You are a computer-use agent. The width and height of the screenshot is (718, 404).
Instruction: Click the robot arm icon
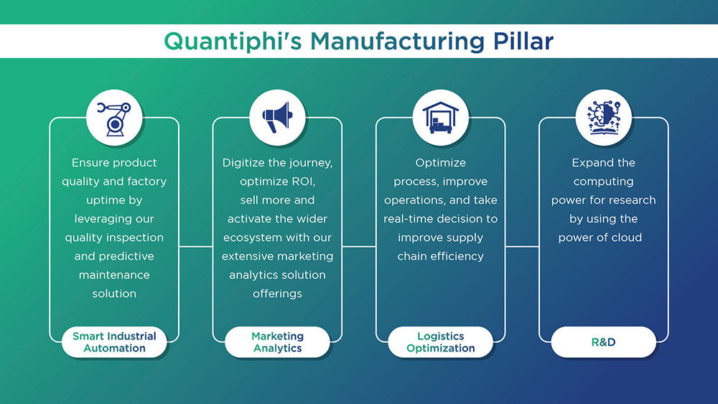pyautogui.click(x=114, y=118)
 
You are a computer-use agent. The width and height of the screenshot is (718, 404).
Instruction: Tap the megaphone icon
pyautogui.click(x=278, y=118)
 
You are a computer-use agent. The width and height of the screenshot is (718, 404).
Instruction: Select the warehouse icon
pyautogui.click(x=441, y=118)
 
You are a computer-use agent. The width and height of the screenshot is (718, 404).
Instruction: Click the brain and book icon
pyautogui.click(x=604, y=118)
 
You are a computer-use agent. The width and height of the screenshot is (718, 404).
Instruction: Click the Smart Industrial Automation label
pyautogui.click(x=114, y=342)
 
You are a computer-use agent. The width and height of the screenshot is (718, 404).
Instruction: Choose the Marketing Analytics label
pyautogui.click(x=278, y=342)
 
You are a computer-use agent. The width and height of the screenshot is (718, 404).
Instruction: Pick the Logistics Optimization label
pyautogui.click(x=441, y=342)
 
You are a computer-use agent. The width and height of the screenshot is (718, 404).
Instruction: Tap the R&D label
pyautogui.click(x=604, y=342)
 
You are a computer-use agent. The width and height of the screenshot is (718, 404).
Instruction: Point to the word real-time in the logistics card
pyautogui.click(x=411, y=219)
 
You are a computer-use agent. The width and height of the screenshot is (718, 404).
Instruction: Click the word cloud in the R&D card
pyautogui.click(x=623, y=238)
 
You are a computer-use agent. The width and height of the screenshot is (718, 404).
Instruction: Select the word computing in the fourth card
pyautogui.click(x=604, y=182)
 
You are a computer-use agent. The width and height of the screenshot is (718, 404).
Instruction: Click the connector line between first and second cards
pyautogui.click(x=196, y=246)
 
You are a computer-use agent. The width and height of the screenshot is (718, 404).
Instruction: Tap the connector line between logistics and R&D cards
pyautogui.click(x=522, y=246)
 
